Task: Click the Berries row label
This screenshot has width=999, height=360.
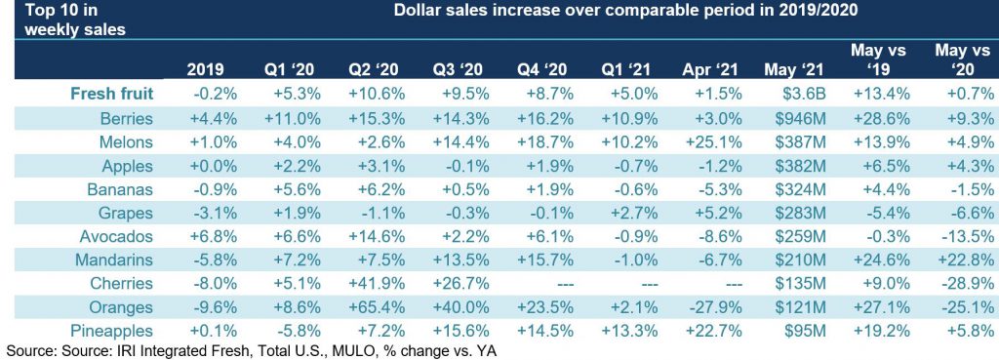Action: click(127, 118)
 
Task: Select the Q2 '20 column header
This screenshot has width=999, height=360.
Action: click(377, 69)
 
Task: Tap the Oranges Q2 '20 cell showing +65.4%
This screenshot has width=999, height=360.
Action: click(377, 307)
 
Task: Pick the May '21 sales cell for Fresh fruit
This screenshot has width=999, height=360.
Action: click(804, 95)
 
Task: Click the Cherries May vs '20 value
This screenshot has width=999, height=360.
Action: click(967, 284)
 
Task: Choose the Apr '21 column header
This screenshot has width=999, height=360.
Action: click(713, 69)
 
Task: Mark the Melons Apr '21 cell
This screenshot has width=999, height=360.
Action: click(713, 142)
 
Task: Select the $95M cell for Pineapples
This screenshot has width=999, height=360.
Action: click(807, 332)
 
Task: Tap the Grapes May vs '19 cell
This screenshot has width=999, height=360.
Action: click(882, 213)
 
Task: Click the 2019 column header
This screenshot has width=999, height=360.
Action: click(205, 69)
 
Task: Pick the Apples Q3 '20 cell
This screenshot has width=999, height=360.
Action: click(465, 166)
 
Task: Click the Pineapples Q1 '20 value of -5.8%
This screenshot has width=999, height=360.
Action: click(297, 332)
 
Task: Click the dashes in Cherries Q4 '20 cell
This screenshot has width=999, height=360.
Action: click(556, 284)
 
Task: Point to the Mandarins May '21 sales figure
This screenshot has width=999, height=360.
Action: click(804, 260)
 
